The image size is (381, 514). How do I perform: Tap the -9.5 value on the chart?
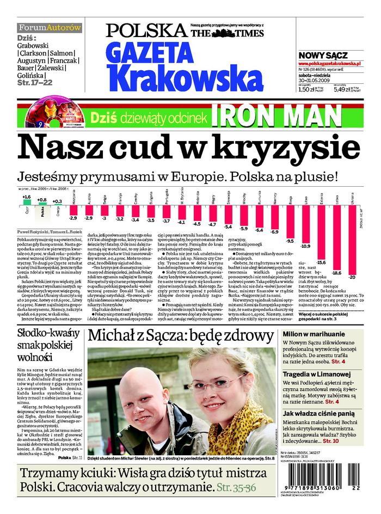click(x=290, y=240)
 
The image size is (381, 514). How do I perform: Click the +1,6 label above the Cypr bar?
click(x=26, y=197)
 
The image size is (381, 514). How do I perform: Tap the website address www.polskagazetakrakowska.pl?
click(x=330, y=64)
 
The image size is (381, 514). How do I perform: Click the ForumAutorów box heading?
click(x=49, y=27)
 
